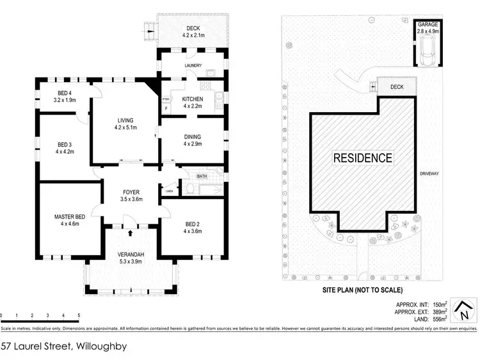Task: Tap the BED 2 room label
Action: [x=192, y=222]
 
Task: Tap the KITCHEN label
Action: [x=193, y=99]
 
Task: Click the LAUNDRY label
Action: [x=193, y=65]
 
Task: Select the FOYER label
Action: [x=131, y=192]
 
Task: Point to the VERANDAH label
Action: [x=131, y=254]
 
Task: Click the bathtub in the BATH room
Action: [x=208, y=189]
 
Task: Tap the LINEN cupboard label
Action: [x=169, y=190]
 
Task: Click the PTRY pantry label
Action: [x=166, y=99]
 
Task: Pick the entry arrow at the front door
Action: [x=131, y=234]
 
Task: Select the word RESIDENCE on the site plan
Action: [x=362, y=158]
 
